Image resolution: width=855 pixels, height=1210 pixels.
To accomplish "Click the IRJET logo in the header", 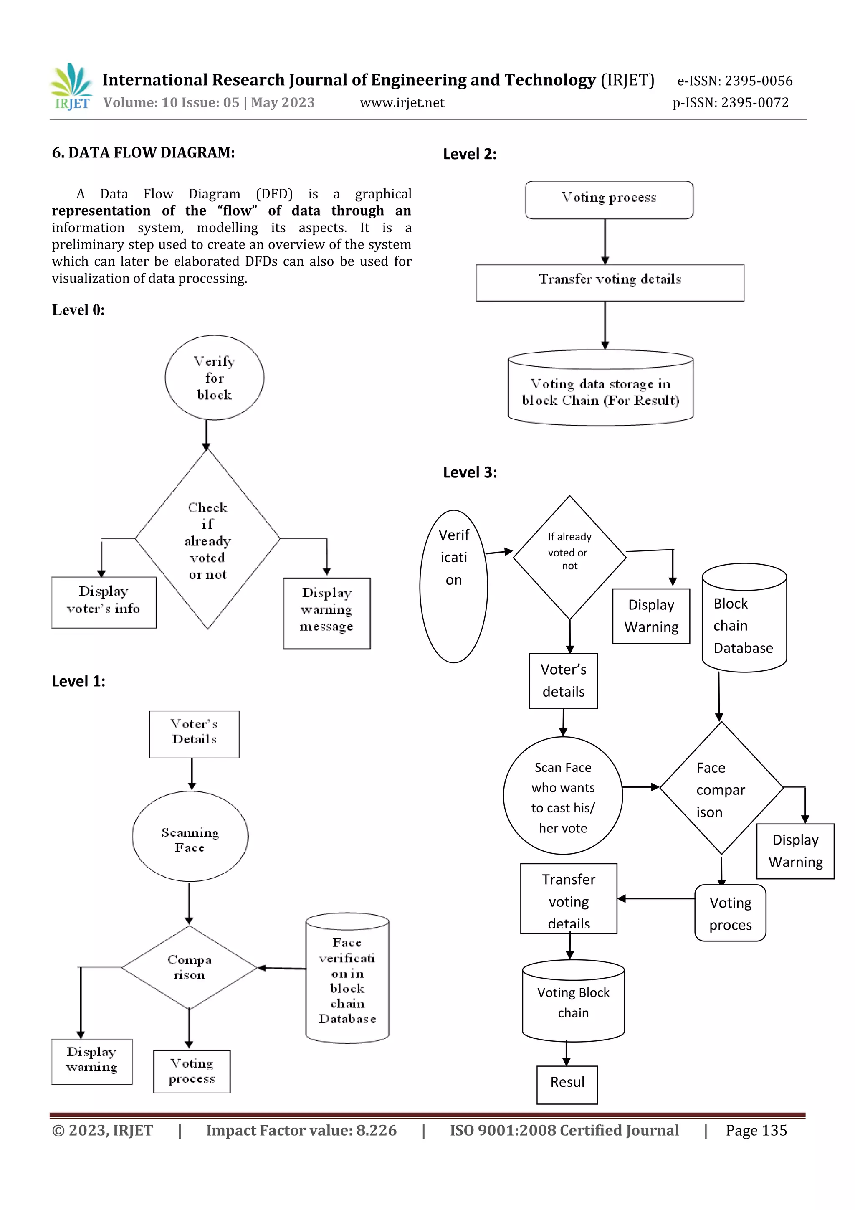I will (71, 86).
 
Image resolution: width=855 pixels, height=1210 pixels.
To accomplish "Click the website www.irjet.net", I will (402, 103).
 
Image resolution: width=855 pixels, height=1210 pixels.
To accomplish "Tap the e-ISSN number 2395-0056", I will (758, 81).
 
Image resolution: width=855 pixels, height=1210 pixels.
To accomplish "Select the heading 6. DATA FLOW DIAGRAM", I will (143, 153).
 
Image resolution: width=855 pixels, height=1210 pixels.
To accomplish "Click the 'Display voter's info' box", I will (104, 602).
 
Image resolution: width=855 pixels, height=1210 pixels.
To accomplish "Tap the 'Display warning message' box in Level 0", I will (326, 614).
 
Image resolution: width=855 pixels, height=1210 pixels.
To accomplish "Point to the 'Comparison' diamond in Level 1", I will (189, 968).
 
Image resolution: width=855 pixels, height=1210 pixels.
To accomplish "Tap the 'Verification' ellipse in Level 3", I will (453, 586).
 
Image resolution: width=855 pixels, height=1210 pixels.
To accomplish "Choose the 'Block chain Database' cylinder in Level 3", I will (744, 620).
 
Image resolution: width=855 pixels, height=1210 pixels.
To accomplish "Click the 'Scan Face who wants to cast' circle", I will (563, 796).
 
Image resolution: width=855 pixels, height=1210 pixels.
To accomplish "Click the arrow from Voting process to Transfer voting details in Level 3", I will (656, 898).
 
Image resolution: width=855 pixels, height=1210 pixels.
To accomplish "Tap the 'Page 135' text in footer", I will (756, 1130).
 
